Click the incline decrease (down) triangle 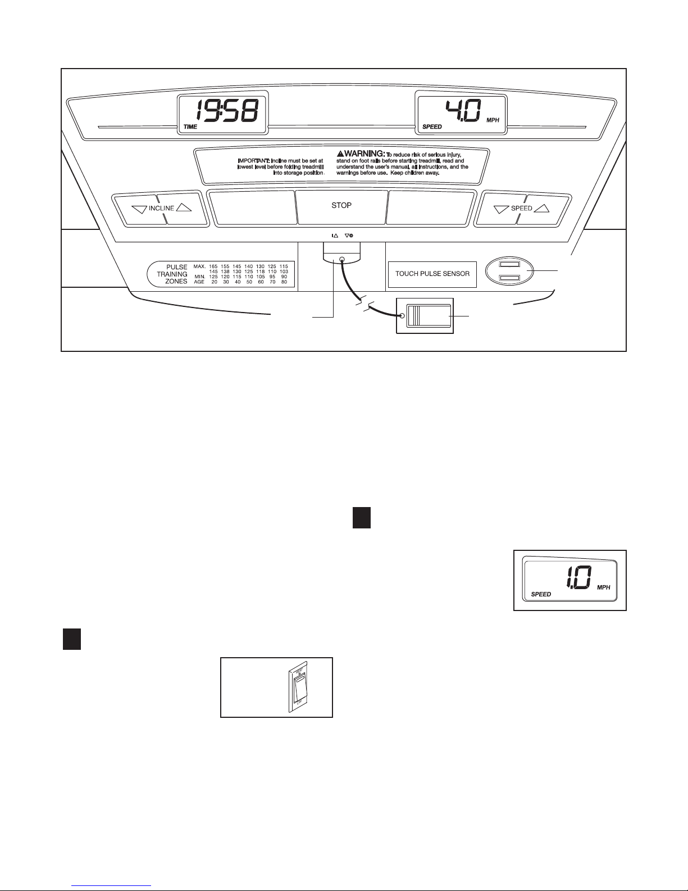[139, 209]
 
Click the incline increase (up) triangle [184, 207]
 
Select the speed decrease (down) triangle [500, 209]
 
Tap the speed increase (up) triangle [541, 208]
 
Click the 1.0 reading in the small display [578, 578]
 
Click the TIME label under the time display [190, 127]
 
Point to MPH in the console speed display [493, 120]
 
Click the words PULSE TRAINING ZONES [172, 274]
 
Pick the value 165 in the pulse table [213, 266]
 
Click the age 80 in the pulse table [284, 282]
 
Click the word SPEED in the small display [541, 594]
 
